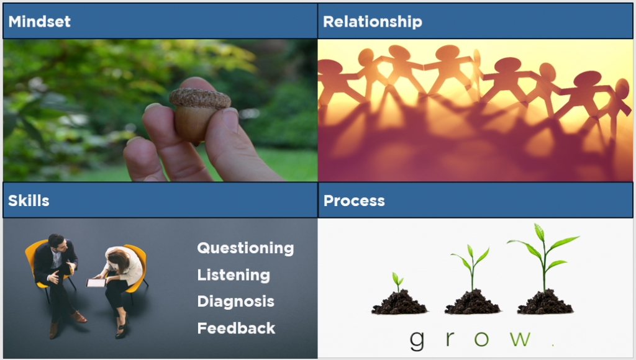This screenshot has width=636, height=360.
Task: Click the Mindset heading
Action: coord(39,22)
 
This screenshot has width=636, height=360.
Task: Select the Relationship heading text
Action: coord(373,22)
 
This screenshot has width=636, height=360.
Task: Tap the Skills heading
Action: coord(29,200)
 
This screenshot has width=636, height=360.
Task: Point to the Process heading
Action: coord(354,200)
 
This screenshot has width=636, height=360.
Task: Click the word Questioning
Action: coord(245,248)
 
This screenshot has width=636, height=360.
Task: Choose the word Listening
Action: coord(234,275)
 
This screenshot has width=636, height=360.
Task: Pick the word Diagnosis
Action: coord(235,301)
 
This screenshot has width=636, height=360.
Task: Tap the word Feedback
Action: coord(236,328)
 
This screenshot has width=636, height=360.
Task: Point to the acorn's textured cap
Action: coord(200,98)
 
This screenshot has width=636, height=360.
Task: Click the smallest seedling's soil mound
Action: coord(399,304)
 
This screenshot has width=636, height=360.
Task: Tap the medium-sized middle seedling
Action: coord(471,267)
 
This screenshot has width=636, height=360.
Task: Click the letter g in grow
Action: coord(417,341)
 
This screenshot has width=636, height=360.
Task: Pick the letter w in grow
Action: coord(520,338)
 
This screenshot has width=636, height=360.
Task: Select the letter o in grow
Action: coord(481,339)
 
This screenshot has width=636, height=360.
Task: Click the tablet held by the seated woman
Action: coord(96,282)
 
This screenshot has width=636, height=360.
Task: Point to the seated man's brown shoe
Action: coord(79,317)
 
